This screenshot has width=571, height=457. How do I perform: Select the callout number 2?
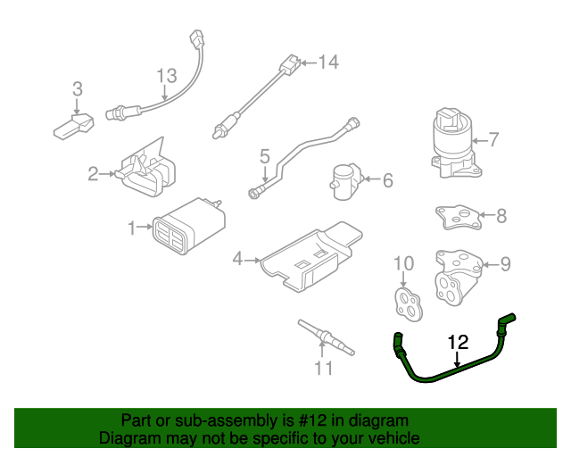(x=93, y=174)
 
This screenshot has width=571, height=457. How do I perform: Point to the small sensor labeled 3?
(x=74, y=124)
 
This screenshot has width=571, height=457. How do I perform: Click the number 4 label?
(x=237, y=260)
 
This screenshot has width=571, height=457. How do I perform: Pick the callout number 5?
(x=265, y=157)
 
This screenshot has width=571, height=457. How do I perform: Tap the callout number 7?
(x=492, y=139)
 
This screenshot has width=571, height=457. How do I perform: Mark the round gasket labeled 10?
(x=409, y=299)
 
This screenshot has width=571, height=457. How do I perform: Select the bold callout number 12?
(x=457, y=341)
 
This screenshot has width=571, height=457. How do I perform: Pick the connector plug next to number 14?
(x=287, y=64)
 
